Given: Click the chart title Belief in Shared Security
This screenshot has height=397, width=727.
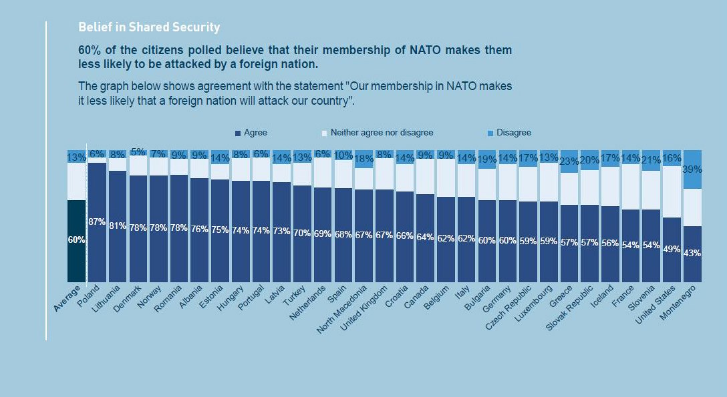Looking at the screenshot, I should click(x=149, y=28).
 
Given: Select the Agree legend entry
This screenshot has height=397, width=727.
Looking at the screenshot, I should click(x=251, y=133).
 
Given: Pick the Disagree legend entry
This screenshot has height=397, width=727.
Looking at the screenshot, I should click(x=509, y=133).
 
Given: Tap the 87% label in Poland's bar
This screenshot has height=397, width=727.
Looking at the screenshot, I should click(x=97, y=222).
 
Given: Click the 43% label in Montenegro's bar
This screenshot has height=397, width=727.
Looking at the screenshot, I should click(x=692, y=254).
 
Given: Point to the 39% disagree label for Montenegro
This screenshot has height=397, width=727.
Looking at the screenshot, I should click(x=692, y=169).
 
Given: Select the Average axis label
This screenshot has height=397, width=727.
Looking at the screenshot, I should click(x=68, y=299).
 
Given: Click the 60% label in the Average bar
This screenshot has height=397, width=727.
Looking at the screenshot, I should click(x=77, y=240).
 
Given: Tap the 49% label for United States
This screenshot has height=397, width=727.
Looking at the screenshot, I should click(x=672, y=249).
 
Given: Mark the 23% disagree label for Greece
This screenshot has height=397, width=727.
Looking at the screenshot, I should click(x=569, y=161).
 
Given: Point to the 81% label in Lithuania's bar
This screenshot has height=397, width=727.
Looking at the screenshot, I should click(x=118, y=226).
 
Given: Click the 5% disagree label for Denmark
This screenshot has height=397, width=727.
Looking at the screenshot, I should click(x=138, y=152).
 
